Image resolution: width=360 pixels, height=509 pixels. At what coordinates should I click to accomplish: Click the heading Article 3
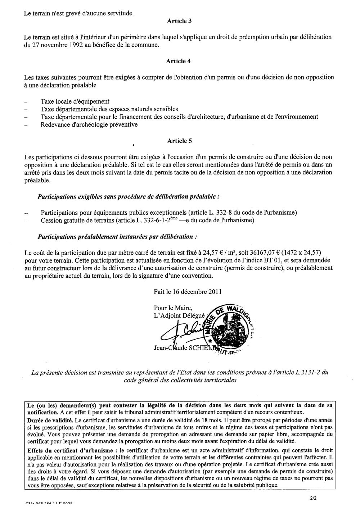tap(179, 21)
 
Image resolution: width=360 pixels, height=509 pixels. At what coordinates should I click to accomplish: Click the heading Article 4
tap(178, 61)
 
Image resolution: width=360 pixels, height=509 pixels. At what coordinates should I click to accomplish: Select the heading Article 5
tap(179, 141)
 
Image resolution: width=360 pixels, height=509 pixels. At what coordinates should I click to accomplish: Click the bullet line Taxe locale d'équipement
tap(75, 101)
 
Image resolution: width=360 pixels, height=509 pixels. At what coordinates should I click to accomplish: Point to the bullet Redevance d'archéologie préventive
tap(89, 125)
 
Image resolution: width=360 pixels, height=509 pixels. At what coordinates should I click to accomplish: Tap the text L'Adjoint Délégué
tap(179, 315)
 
